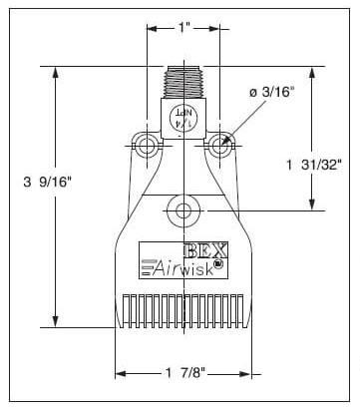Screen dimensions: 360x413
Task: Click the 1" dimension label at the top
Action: click(183, 27)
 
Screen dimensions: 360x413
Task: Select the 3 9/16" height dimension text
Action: click(48, 182)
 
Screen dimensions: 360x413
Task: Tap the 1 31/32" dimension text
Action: click(313, 165)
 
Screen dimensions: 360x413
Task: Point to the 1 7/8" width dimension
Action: click(185, 373)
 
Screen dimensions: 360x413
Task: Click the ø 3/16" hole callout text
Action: click(272, 92)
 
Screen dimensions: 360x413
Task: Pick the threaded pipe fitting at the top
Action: click(183, 82)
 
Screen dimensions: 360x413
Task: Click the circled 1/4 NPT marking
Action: click(183, 118)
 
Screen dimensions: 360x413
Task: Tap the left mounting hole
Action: click(147, 146)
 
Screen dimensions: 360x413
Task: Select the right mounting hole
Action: click(219, 146)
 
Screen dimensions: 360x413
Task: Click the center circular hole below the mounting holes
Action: click(183, 210)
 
